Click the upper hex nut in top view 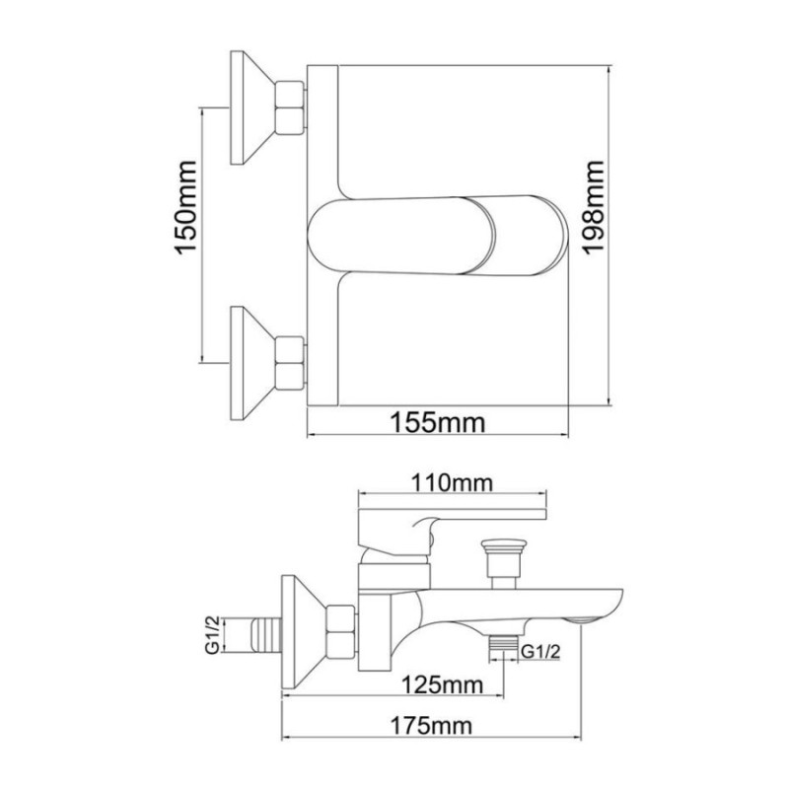pos(291,108)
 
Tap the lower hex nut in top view pos(291,362)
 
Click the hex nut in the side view pos(340,631)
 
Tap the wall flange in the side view pos(302,631)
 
